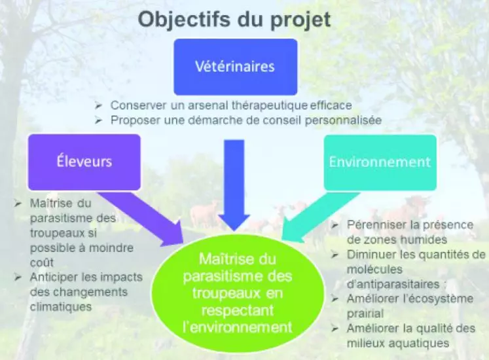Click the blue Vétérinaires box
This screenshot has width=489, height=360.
[x=236, y=67]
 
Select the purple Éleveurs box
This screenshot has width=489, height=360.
[x=84, y=162]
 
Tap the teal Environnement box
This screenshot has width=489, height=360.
[x=380, y=162]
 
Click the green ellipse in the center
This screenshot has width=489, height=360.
[x=238, y=293]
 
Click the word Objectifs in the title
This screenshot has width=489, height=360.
[x=185, y=20]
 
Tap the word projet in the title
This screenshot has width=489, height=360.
[x=300, y=20]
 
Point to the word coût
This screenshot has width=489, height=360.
[x=42, y=262]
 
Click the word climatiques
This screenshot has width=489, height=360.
[x=61, y=307]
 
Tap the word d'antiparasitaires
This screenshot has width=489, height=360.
[x=393, y=284]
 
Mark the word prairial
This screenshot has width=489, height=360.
[x=365, y=314]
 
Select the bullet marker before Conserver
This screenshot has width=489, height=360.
[x=99, y=105]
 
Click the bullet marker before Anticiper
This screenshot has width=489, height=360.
[x=18, y=278]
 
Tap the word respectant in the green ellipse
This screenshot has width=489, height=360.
[x=238, y=310]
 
